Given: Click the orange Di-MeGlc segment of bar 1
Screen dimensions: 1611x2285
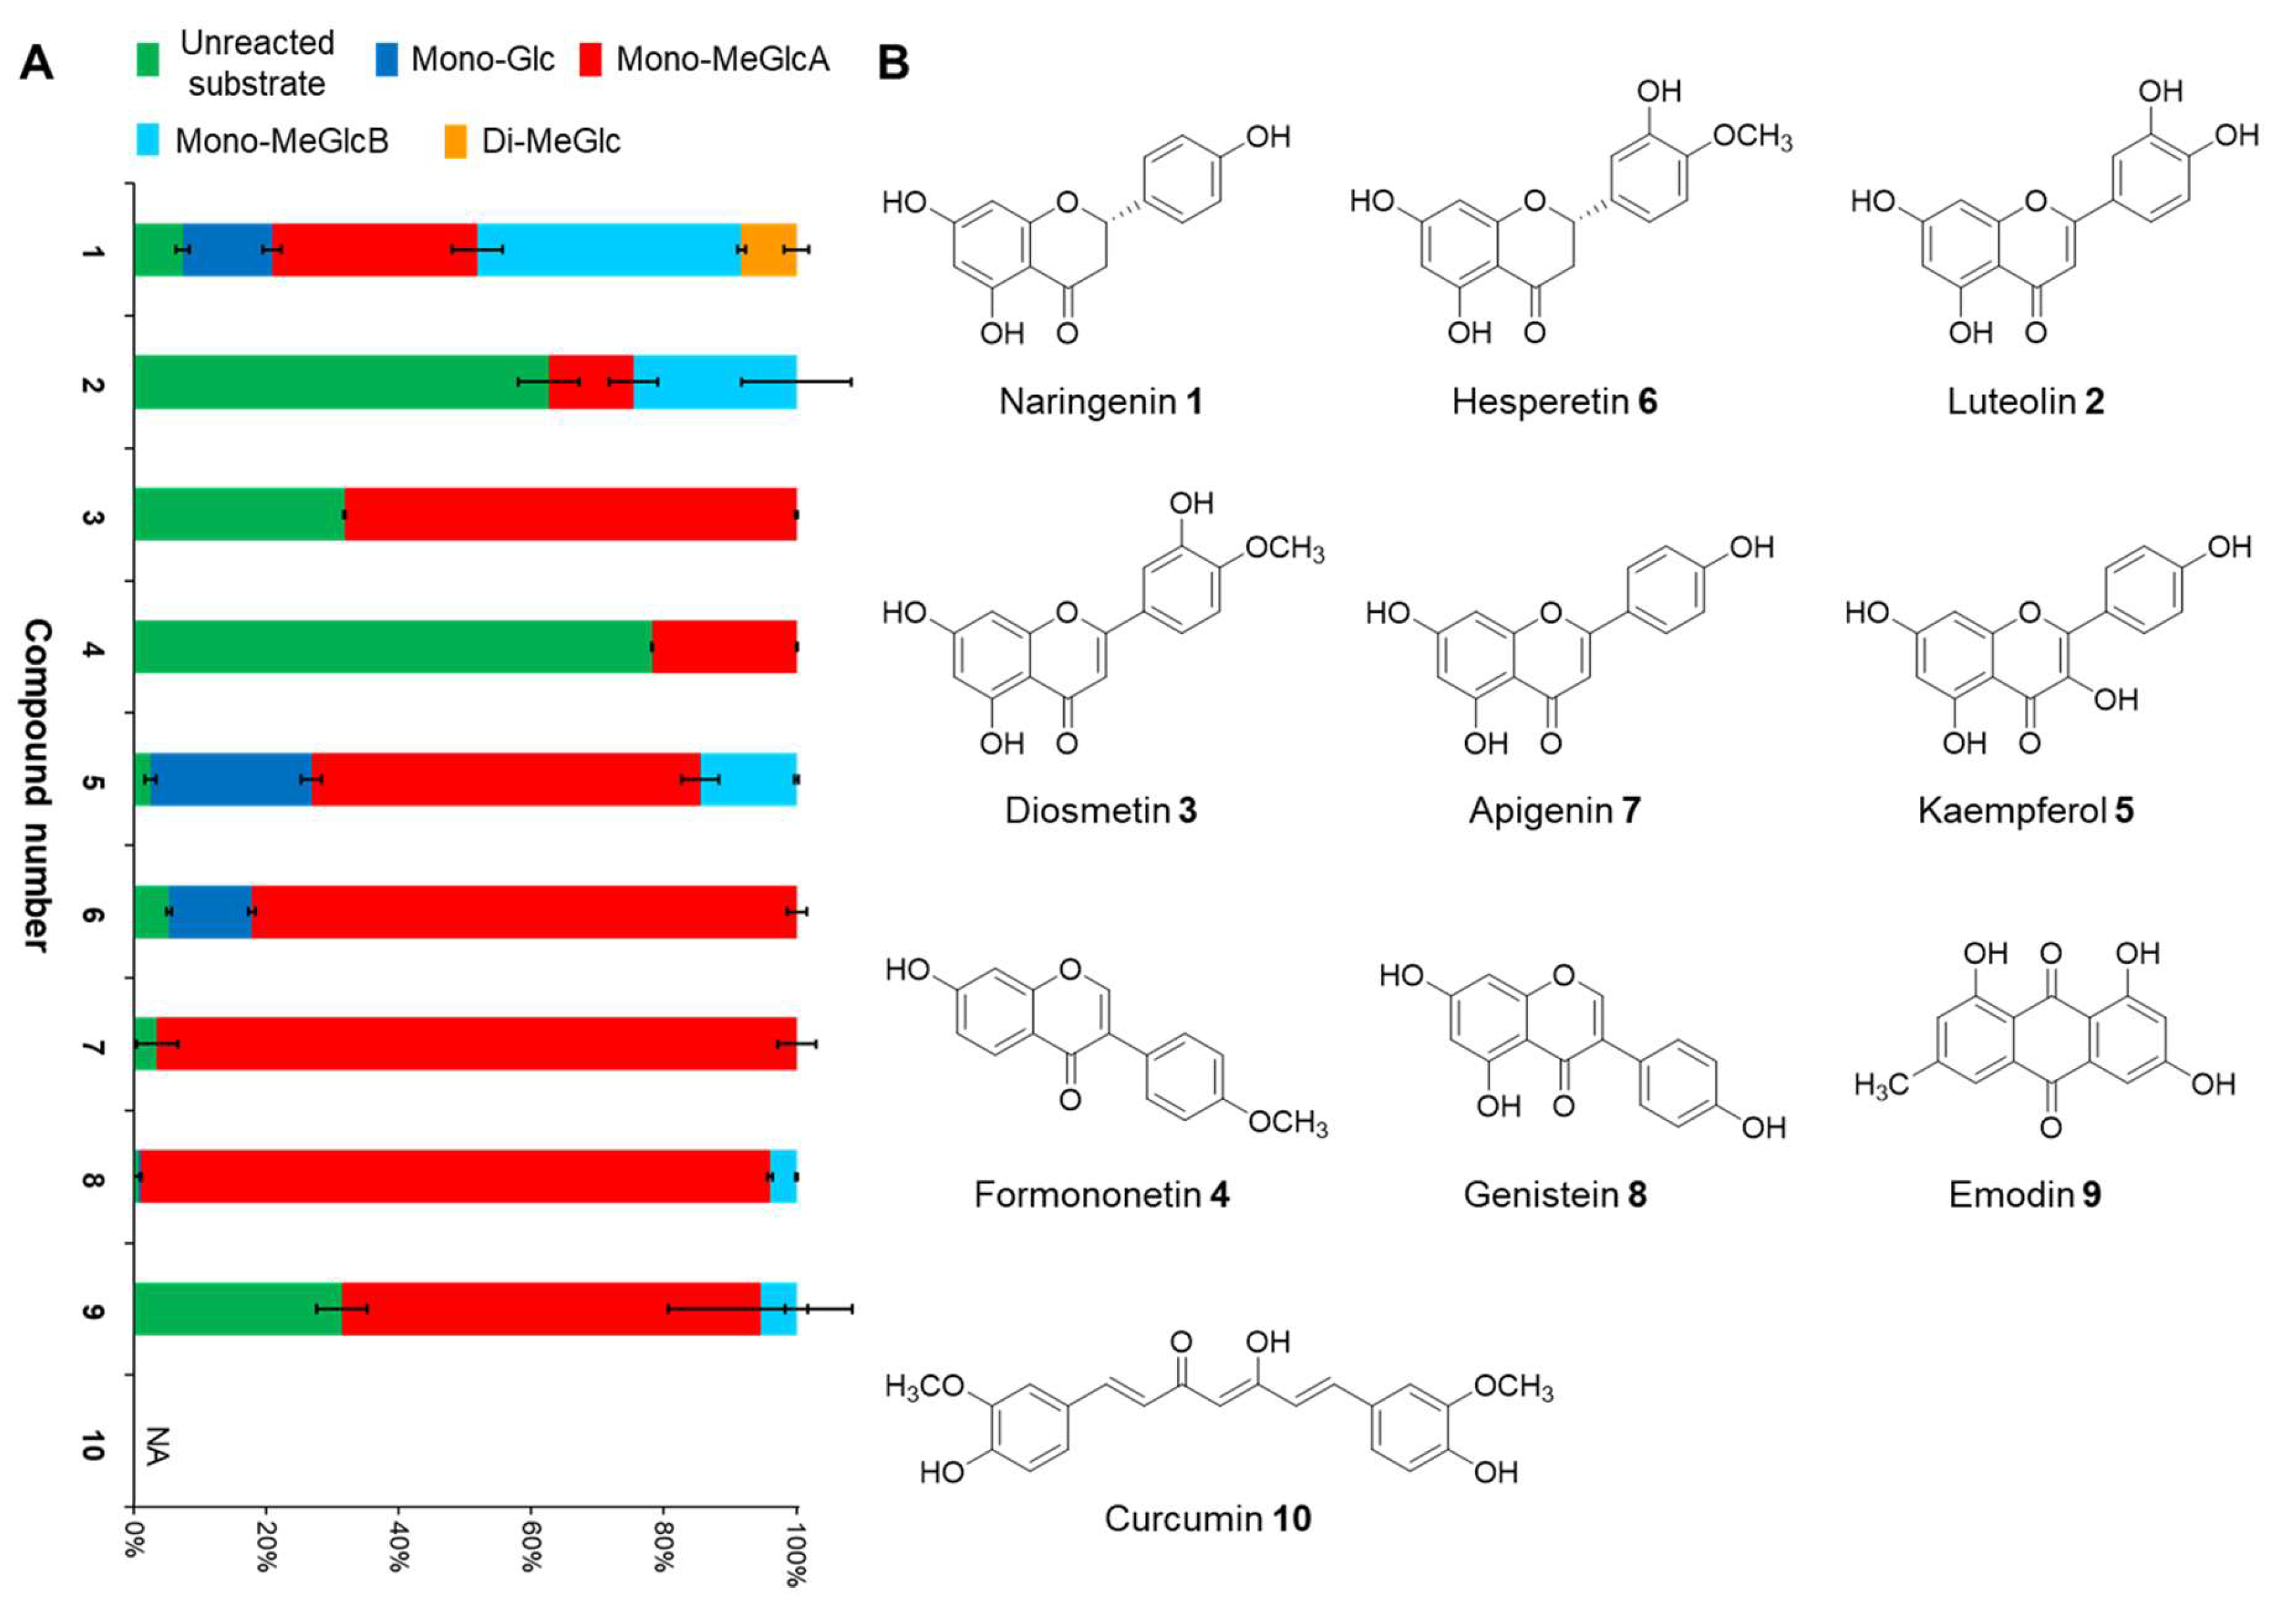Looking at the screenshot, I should [x=768, y=250].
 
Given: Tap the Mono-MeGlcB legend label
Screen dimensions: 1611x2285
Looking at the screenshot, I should [x=281, y=141].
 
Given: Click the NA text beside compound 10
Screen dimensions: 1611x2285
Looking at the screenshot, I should [x=157, y=1445].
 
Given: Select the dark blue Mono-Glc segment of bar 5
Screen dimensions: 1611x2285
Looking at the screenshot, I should [x=231, y=779].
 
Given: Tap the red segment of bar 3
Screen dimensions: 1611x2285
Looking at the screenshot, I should [x=569, y=514].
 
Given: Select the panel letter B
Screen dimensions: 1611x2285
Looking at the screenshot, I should [x=893, y=64].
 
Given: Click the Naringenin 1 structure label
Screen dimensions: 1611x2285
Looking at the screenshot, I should [x=1101, y=402].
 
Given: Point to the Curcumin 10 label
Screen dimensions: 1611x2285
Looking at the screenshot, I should [x=1207, y=1518].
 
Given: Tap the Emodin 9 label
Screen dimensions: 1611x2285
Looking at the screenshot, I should [x=2024, y=1194].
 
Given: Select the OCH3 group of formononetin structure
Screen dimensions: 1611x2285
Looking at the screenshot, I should [x=1287, y=1122].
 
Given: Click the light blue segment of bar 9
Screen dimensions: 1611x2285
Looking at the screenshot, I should [x=779, y=1309].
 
